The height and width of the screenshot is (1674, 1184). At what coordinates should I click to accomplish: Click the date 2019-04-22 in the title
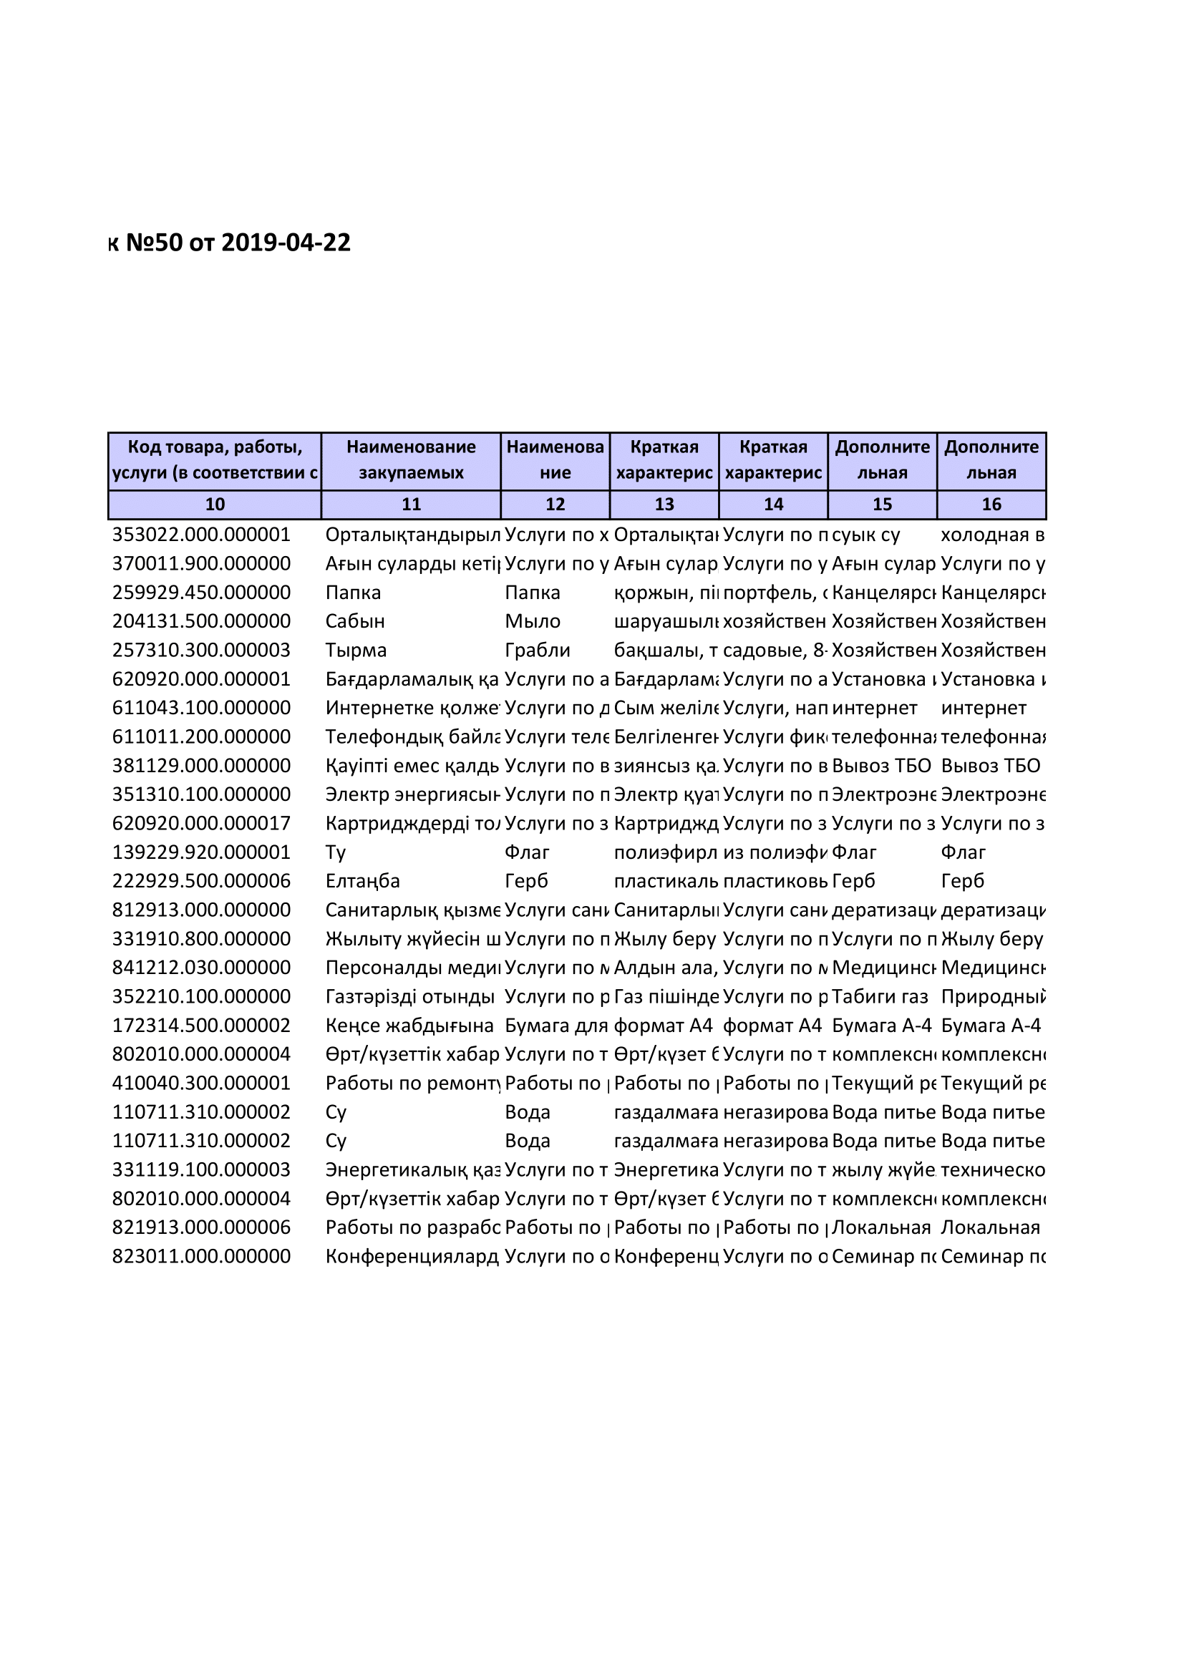coord(286,243)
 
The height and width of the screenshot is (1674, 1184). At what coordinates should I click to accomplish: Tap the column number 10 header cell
coord(214,505)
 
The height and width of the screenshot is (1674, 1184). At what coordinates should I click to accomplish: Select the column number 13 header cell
coord(664,505)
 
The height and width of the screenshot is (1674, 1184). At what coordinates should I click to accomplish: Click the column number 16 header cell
coord(991,505)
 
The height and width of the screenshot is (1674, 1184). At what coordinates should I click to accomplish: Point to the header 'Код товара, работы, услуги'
coord(214,460)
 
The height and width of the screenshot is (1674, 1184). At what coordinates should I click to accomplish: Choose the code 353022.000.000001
coord(201,535)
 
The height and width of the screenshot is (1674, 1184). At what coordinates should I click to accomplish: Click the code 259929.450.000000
coord(201,593)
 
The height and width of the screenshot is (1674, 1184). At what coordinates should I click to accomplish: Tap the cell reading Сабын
coord(355,622)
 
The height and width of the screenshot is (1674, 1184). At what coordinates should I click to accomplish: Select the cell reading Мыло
coord(532,622)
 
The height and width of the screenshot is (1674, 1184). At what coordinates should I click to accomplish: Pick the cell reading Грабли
coord(538,651)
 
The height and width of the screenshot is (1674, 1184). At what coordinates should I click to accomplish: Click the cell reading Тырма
coord(356,651)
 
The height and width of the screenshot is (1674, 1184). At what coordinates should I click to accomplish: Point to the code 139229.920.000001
coord(201,852)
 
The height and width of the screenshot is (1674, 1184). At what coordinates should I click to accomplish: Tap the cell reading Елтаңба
coord(362,882)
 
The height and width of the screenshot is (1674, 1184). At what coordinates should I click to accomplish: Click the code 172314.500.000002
coord(201,1026)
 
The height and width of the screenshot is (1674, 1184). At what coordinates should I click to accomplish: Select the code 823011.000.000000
coord(201,1257)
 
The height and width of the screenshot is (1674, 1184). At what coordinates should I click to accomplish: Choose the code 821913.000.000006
coord(201,1228)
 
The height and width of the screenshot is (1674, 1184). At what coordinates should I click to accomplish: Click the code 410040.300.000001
coord(201,1084)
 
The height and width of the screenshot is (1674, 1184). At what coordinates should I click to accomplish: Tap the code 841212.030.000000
coord(201,968)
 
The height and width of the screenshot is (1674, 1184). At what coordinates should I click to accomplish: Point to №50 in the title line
coord(154,243)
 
